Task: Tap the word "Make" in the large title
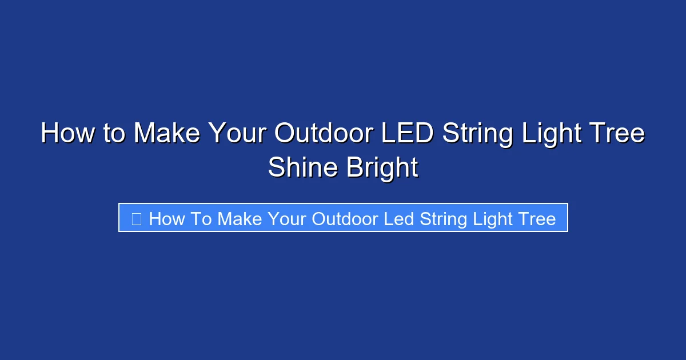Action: (167, 134)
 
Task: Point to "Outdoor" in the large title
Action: (324, 134)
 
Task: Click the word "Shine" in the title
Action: (300, 168)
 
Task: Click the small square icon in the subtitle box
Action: (136, 218)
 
